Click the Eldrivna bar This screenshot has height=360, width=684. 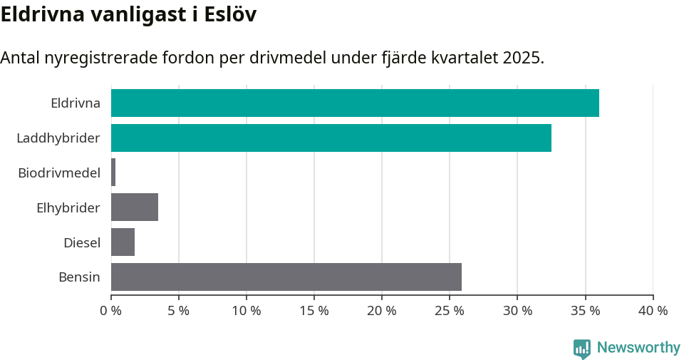pyautogui.click(x=355, y=103)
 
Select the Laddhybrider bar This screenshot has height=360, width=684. pyautogui.click(x=331, y=138)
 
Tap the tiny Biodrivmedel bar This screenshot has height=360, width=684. pyautogui.click(x=113, y=173)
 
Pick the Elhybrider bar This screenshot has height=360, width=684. pyautogui.click(x=135, y=207)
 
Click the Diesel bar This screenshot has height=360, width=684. pyautogui.click(x=123, y=242)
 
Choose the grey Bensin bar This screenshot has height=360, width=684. pyautogui.click(x=286, y=277)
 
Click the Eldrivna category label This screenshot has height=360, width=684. pyautogui.click(x=76, y=103)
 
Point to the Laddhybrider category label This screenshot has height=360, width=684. pyautogui.click(x=58, y=138)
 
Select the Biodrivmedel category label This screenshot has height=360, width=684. pyautogui.click(x=59, y=173)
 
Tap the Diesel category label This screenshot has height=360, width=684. pyautogui.click(x=82, y=242)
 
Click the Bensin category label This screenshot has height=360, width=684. pyautogui.click(x=79, y=277)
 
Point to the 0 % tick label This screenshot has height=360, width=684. pyautogui.click(x=111, y=311)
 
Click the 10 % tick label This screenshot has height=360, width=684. pyautogui.click(x=247, y=311)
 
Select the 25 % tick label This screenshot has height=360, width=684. pyautogui.click(x=450, y=311)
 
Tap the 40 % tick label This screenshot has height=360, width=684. pyautogui.click(x=653, y=311)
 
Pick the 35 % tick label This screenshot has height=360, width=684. pyautogui.click(x=585, y=311)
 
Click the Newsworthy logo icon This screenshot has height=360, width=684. pyautogui.click(x=582, y=348)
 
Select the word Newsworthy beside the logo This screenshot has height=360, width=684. pyautogui.click(x=638, y=348)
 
